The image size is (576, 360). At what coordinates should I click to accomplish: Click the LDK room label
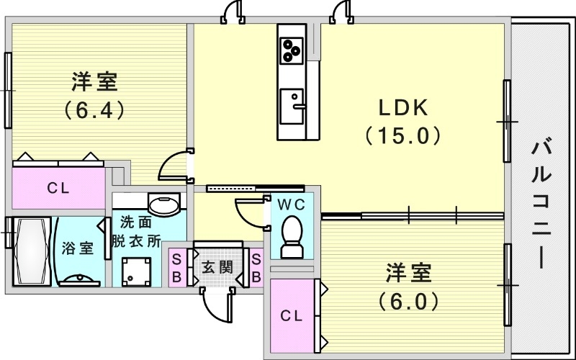coord(403,108)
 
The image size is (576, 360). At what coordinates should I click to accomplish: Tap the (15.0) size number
coord(403,135)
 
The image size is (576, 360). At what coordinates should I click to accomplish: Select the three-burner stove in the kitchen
coord(292,50)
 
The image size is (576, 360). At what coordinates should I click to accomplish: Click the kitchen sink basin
coord(292,106)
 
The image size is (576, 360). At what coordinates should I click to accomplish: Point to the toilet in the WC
coord(292,238)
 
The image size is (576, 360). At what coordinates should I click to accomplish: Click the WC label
coord(292,205)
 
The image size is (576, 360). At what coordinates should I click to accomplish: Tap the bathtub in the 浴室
coord(32,251)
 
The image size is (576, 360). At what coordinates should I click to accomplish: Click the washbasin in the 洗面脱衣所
coord(164,205)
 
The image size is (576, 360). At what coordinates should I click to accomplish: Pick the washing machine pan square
coord(137,271)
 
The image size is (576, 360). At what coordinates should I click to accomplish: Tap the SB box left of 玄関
coord(177,267)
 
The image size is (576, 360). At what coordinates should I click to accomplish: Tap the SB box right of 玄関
coord(256,267)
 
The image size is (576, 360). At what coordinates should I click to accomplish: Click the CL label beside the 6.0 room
coord(292,315)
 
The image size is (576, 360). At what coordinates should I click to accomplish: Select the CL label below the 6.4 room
coord(58,189)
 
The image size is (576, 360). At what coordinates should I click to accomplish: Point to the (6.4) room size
coord(94,109)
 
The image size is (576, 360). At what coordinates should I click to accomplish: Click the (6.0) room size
coord(408,302)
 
